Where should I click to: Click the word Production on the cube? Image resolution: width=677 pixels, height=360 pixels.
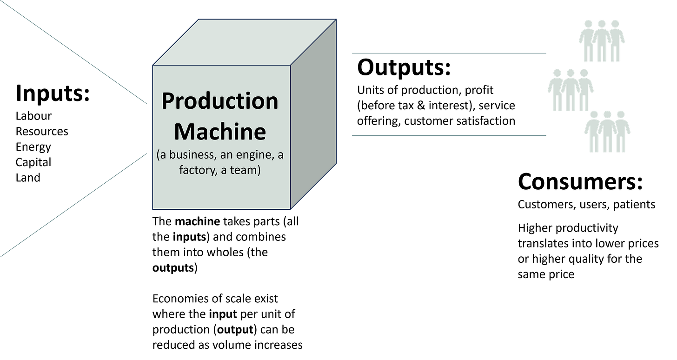tap(219, 101)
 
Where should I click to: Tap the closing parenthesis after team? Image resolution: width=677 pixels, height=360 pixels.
tap(259, 170)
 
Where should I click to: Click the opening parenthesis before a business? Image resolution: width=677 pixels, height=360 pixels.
tap(159, 155)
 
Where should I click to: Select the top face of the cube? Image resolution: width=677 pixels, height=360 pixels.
tap(244, 42)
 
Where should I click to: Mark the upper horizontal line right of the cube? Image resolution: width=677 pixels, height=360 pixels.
tap(449, 53)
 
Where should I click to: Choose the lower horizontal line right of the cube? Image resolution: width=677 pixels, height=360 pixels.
tap(449, 135)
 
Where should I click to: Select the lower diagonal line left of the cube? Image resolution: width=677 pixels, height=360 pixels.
tap(74, 205)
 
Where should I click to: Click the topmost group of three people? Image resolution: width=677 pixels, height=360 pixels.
tap(602, 41)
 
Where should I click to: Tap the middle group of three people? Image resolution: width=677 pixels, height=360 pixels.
tap(571, 90)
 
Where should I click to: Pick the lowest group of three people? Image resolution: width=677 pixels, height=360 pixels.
tap(607, 132)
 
